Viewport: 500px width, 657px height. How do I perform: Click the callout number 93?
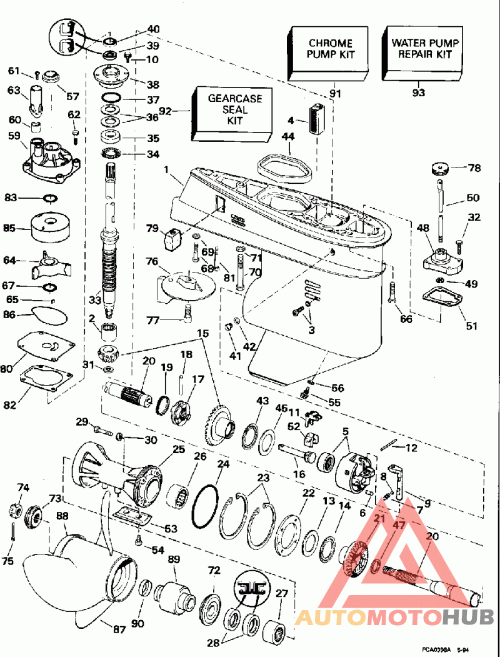[418, 93]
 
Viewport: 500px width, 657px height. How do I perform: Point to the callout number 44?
[288, 136]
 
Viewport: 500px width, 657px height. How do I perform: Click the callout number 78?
[475, 168]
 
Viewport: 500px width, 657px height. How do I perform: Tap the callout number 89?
[173, 561]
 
